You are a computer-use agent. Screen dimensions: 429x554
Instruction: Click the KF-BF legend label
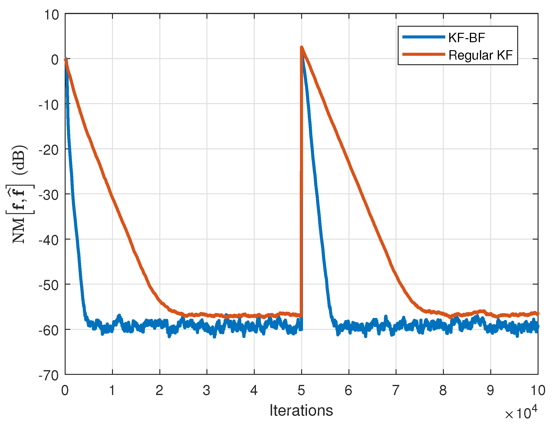(x=466, y=38)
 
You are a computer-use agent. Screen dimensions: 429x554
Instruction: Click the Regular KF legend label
(x=480, y=55)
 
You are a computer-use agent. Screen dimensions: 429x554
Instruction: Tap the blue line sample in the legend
(x=424, y=37)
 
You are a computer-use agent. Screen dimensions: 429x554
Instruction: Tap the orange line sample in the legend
(x=424, y=54)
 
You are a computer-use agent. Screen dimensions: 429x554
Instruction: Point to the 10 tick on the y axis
(x=52, y=15)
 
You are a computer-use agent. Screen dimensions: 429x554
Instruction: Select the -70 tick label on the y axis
(x=49, y=376)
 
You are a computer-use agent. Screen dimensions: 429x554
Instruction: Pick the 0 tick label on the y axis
(x=55, y=60)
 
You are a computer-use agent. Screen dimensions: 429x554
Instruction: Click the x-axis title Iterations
(x=301, y=410)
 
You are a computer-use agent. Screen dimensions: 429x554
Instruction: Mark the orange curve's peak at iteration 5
(x=302, y=47)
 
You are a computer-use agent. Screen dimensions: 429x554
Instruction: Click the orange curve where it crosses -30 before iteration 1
(x=111, y=194)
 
